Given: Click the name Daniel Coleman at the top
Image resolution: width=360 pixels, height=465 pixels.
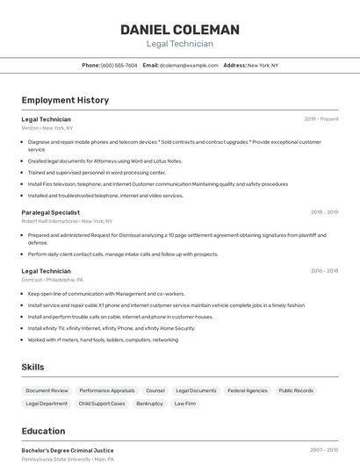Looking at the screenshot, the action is coord(179,29).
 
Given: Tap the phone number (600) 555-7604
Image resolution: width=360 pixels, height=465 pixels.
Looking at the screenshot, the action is coord(119,65).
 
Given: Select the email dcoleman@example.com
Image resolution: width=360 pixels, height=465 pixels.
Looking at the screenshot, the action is coord(181,65).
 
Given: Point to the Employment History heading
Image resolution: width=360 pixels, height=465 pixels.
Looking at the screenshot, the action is coord(65,100).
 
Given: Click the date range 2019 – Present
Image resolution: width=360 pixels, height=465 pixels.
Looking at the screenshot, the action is coord(320,118).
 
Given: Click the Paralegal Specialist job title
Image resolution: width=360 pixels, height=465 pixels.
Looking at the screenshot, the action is coord(51,212).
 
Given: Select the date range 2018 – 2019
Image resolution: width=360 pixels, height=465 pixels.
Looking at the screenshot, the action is coord(323,212).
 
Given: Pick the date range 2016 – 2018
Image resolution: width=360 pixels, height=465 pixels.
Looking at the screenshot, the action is coord(323,271).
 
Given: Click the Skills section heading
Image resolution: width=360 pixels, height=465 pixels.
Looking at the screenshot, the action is coord(33,367).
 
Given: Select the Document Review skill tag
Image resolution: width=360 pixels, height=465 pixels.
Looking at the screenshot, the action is coord(47,390).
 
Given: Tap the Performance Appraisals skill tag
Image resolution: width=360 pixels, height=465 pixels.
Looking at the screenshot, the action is coord(107,390).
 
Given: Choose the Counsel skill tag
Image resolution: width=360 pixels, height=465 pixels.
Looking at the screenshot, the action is coord(155,390).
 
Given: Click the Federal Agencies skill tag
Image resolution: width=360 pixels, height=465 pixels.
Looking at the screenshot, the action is coord(247,390).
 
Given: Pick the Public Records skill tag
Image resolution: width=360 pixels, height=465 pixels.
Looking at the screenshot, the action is coord(296,390).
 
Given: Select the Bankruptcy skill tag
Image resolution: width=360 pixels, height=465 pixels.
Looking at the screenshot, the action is coord(149,404).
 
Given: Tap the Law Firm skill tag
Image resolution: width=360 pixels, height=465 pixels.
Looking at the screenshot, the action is coord(184,404).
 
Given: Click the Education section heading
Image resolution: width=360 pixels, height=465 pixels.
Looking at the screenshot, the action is coord(43,431).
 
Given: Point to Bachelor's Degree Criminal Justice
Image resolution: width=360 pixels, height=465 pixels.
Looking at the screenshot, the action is coord(68,450).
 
